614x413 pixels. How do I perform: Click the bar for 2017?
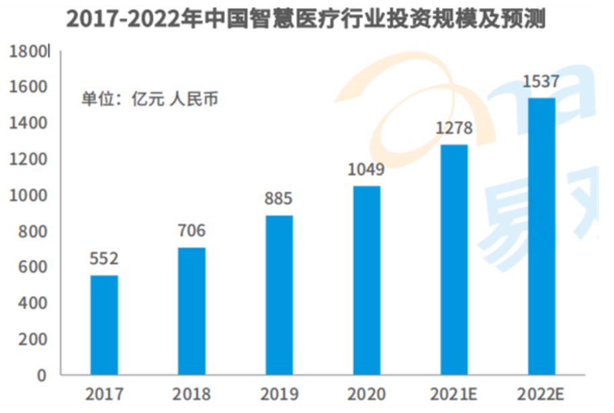(104, 325)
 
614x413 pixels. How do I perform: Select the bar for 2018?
(191, 311)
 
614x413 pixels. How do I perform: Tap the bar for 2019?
(279, 295)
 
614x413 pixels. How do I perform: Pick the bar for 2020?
(366, 280)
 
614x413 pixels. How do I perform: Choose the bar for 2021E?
(454, 259)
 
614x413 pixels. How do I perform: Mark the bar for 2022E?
(541, 236)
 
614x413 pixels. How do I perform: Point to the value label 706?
(191, 231)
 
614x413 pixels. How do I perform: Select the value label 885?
(279, 199)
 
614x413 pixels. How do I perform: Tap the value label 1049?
(366, 169)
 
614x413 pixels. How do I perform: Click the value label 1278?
(454, 128)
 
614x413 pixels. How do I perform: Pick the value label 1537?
(541, 82)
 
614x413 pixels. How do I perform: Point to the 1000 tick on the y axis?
(31, 195)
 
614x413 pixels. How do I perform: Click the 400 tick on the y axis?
(34, 304)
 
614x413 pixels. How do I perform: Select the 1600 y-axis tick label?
(31, 87)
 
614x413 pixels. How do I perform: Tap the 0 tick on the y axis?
(42, 375)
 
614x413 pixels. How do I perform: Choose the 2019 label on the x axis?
(279, 394)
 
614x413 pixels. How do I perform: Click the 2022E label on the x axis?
(541, 394)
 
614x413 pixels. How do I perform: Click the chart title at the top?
(306, 19)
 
